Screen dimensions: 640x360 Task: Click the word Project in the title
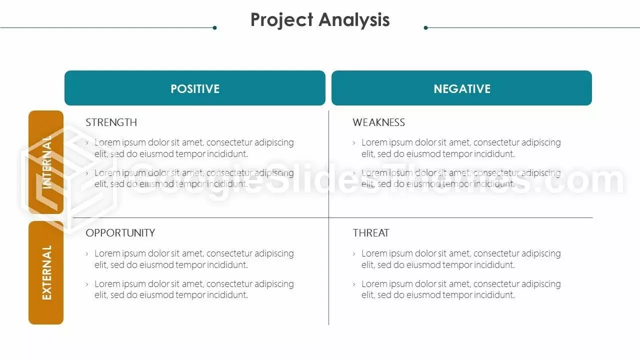click(281, 20)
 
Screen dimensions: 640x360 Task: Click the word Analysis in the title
click(354, 20)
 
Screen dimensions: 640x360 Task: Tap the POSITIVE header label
click(195, 89)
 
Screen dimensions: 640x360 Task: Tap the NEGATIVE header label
click(462, 89)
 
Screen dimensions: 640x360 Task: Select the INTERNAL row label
click(46, 162)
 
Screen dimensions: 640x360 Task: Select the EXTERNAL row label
click(46, 272)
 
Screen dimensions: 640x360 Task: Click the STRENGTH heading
click(111, 122)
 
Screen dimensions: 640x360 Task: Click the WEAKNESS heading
click(379, 122)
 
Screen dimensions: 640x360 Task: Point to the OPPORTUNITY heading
click(120, 233)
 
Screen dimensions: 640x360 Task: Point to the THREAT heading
click(371, 233)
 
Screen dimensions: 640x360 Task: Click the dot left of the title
click(215, 27)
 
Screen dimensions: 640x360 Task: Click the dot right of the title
click(425, 27)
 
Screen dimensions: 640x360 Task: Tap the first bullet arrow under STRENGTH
click(87, 142)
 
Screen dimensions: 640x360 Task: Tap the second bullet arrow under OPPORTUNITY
click(87, 284)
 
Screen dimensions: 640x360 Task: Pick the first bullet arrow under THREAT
click(354, 253)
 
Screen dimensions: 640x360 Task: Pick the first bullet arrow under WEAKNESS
click(354, 142)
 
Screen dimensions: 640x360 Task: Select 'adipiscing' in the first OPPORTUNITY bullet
click(274, 253)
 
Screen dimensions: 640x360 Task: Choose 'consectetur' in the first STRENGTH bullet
click(229, 142)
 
